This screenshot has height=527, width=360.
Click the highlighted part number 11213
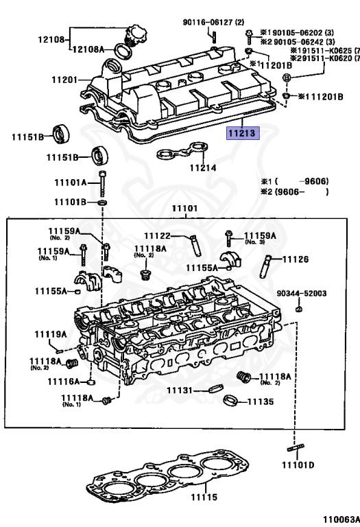click(x=244, y=132)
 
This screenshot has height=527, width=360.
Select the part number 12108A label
click(x=89, y=49)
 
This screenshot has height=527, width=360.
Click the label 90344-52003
click(x=302, y=294)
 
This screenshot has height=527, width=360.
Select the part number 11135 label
click(x=260, y=401)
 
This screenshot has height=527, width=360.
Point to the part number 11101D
click(x=300, y=465)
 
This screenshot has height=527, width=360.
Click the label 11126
click(x=296, y=259)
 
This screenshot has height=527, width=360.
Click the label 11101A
click(x=71, y=183)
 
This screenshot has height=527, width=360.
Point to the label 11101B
click(x=71, y=202)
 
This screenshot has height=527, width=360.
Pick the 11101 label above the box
click(x=184, y=209)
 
